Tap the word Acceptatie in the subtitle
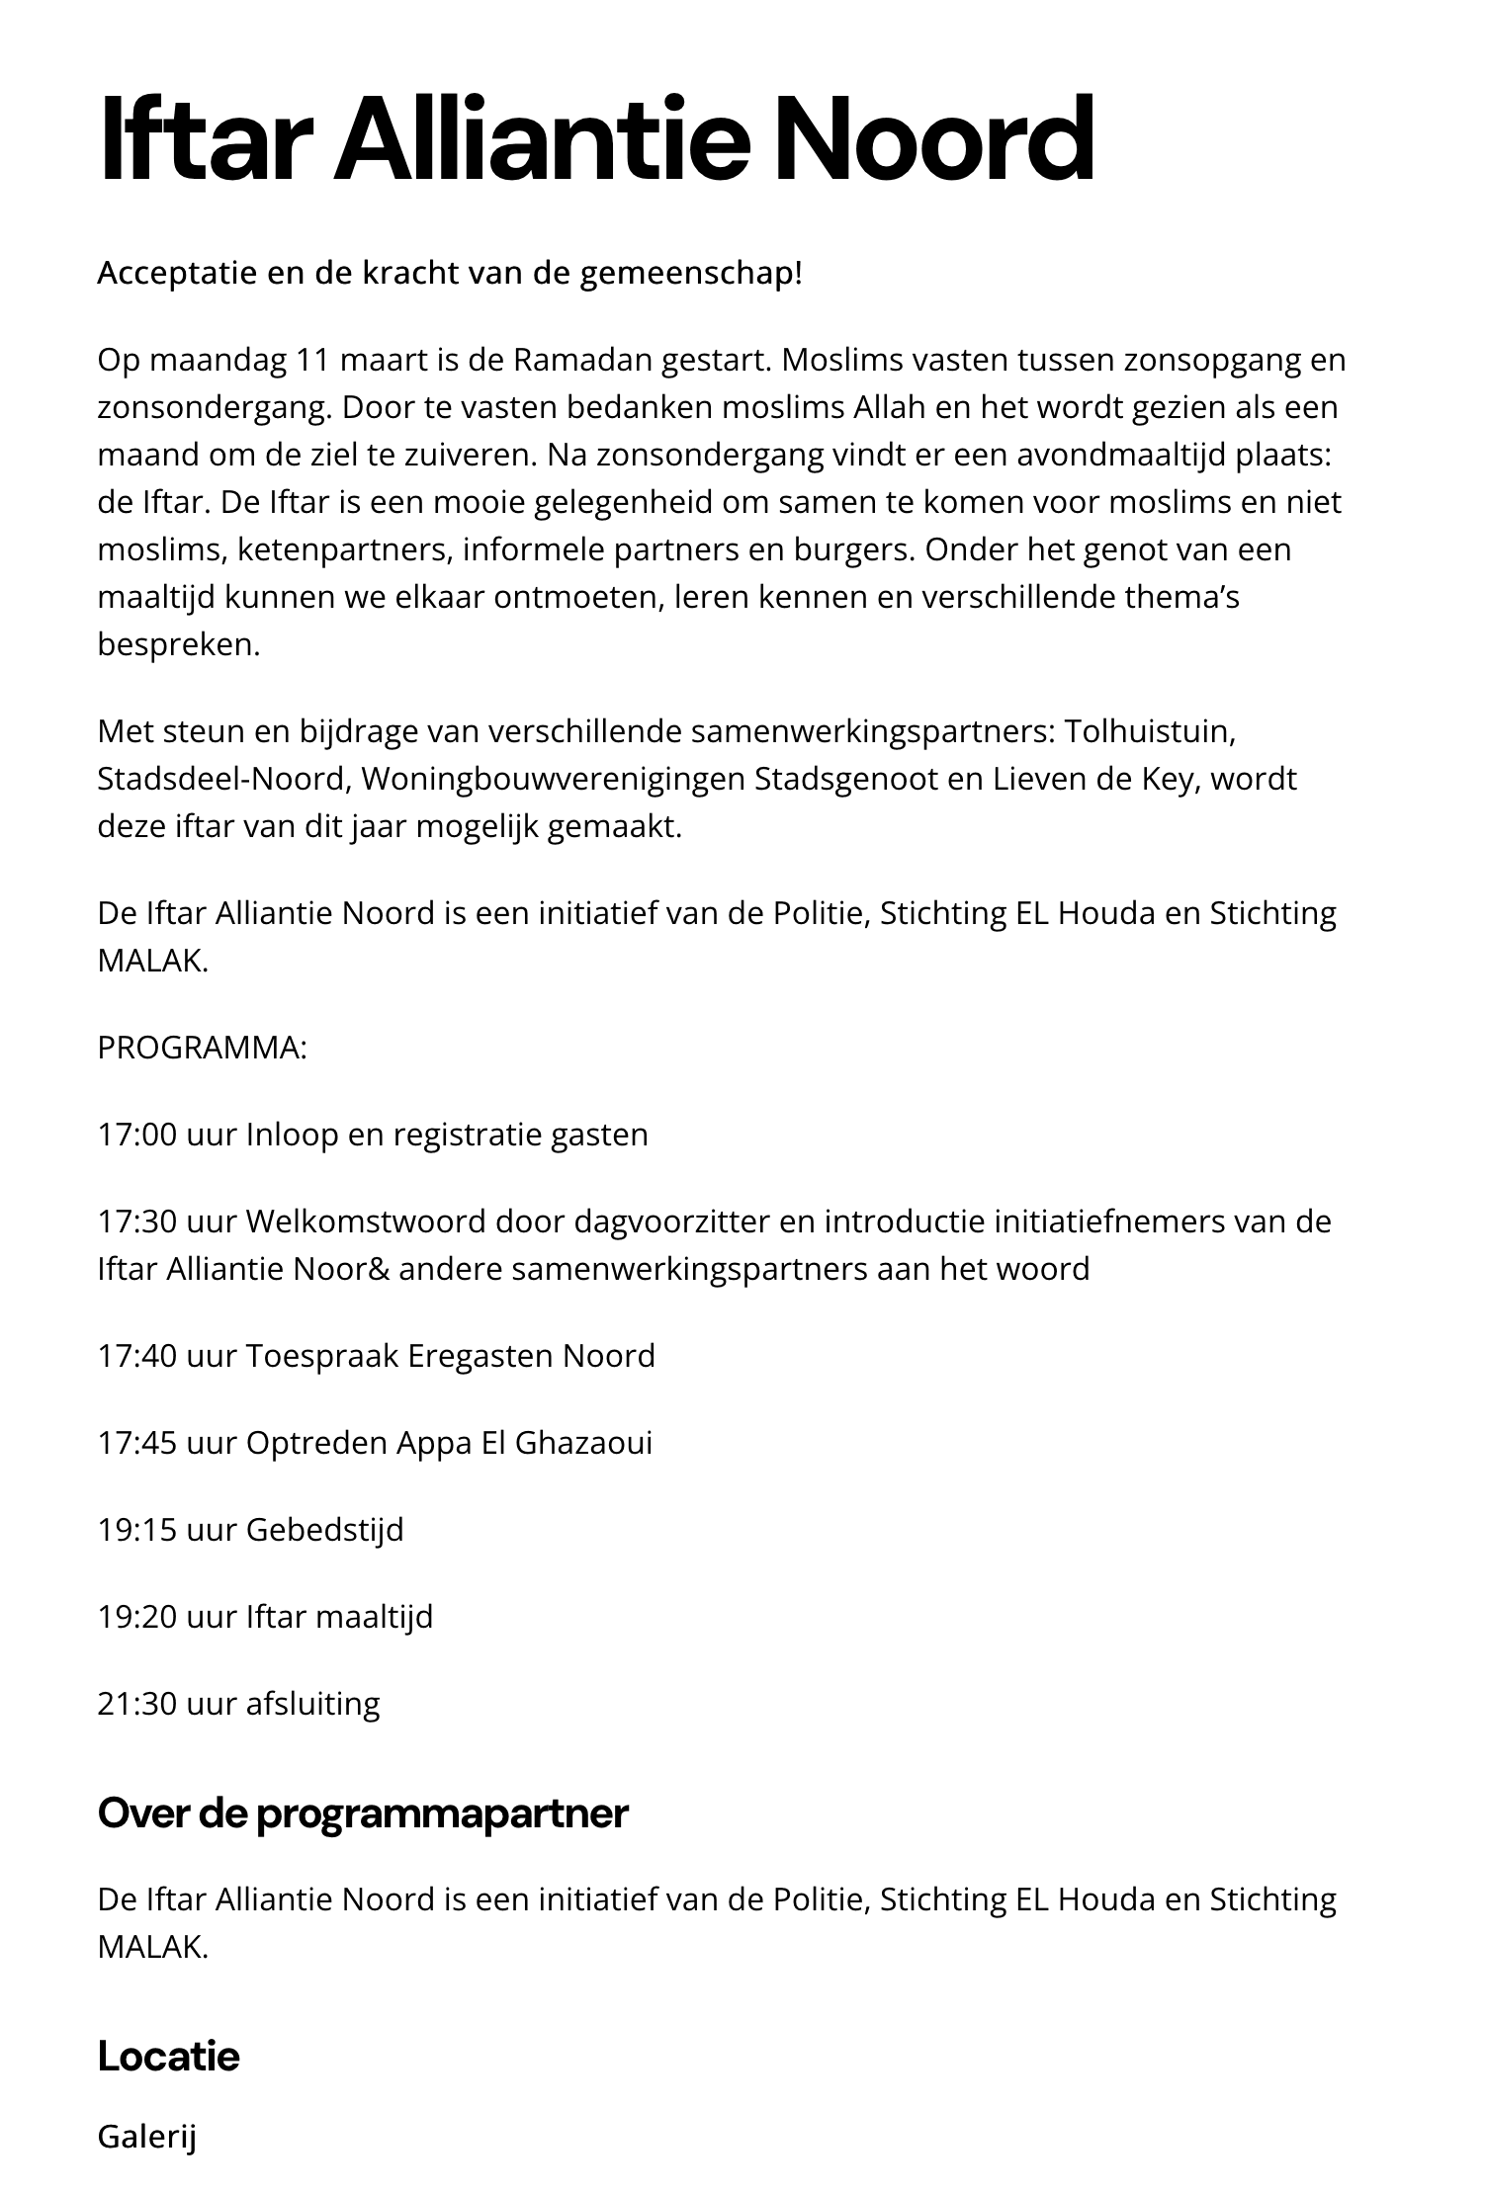(x=176, y=274)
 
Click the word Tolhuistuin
(x=1151, y=731)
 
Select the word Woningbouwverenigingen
(x=554, y=779)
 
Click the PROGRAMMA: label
(x=202, y=1048)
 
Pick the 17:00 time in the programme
(x=136, y=1135)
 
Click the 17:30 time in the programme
(x=136, y=1222)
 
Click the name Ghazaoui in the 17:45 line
(x=583, y=1443)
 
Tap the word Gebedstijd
(x=324, y=1530)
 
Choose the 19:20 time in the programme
(x=136, y=1617)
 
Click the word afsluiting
(x=312, y=1704)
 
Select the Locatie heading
(x=168, y=2057)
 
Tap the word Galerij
(x=146, y=2137)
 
